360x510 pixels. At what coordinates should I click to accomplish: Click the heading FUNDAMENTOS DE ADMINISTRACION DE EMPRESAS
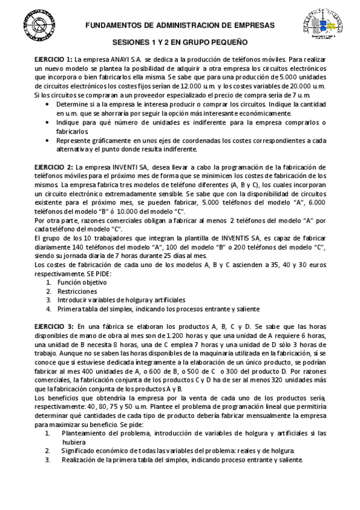pos(180,25)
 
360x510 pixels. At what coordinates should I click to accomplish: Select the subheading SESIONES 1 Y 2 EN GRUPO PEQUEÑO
pos(180,44)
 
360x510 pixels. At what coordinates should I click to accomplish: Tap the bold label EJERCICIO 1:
pos(53,60)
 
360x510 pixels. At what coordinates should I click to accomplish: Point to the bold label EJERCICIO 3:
pos(53,326)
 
